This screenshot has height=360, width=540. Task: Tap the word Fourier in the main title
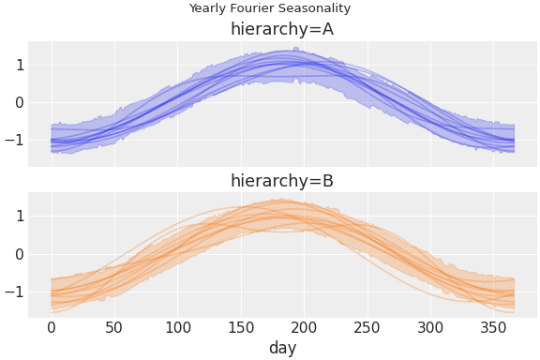click(x=255, y=8)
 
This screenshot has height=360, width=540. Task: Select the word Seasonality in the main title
click(x=317, y=8)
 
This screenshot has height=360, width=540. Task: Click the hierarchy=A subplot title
click(x=282, y=29)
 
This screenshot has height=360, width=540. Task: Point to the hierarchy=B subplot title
click(x=282, y=181)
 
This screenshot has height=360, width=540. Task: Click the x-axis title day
click(x=282, y=349)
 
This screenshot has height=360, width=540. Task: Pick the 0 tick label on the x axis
click(x=52, y=327)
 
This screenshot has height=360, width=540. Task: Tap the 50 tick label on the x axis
click(x=114, y=327)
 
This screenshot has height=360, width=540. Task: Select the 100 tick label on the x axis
click(x=177, y=327)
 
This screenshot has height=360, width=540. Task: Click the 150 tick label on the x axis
click(x=241, y=327)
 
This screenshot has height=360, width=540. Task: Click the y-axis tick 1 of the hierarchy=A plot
click(x=19, y=65)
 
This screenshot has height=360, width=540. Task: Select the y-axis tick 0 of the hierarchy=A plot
click(x=19, y=102)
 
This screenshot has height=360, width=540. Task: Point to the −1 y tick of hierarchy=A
click(x=14, y=141)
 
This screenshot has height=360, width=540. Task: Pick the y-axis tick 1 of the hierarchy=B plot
click(x=19, y=216)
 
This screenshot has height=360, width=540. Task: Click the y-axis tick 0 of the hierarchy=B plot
click(x=19, y=254)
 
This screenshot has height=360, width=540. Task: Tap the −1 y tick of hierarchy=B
click(x=14, y=292)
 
